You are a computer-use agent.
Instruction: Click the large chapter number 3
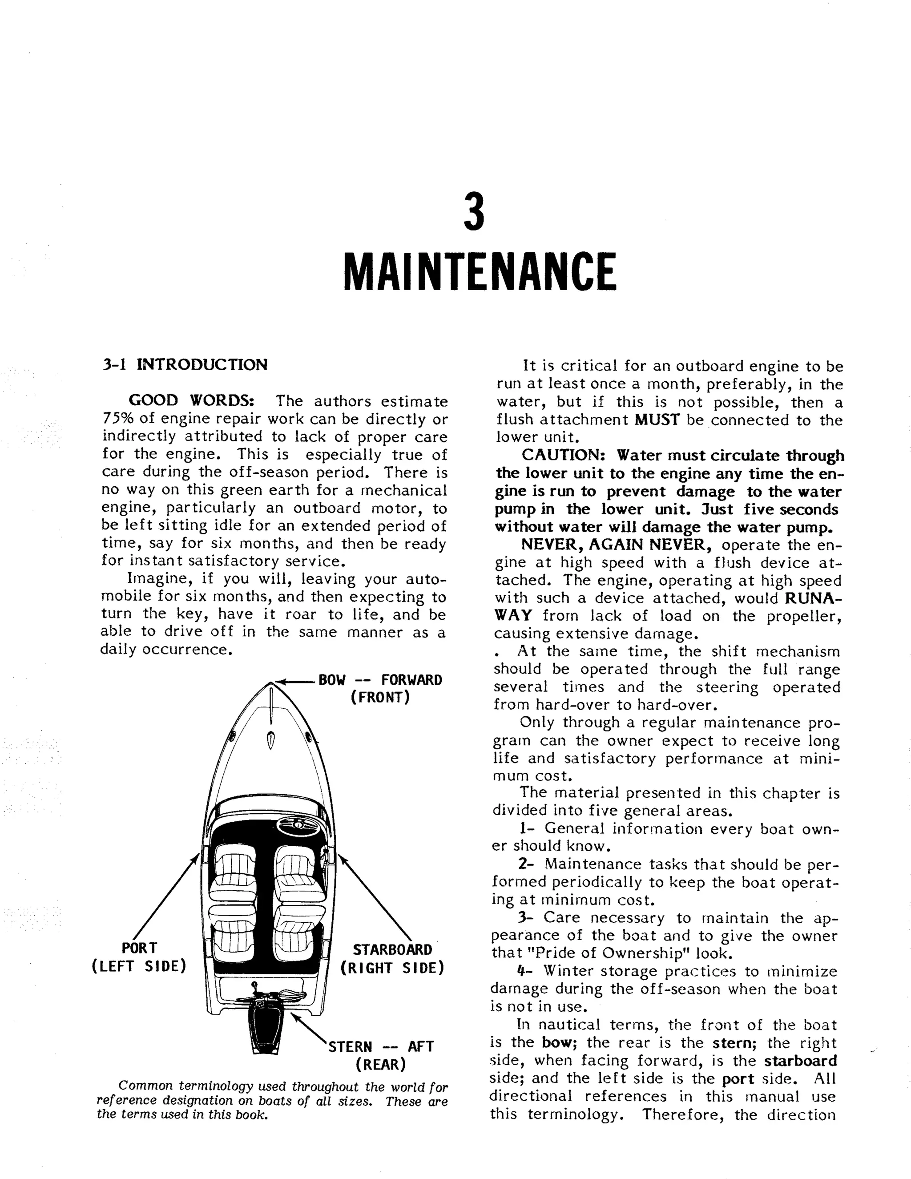(x=474, y=213)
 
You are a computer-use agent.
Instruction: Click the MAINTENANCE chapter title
(x=479, y=271)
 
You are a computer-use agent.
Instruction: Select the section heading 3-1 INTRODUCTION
(x=185, y=365)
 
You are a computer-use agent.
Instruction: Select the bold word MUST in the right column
(x=657, y=420)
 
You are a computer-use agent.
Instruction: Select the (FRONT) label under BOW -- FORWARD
(x=380, y=698)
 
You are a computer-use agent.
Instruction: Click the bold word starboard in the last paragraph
(x=800, y=1061)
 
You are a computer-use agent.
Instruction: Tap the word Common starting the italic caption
(x=146, y=1086)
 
